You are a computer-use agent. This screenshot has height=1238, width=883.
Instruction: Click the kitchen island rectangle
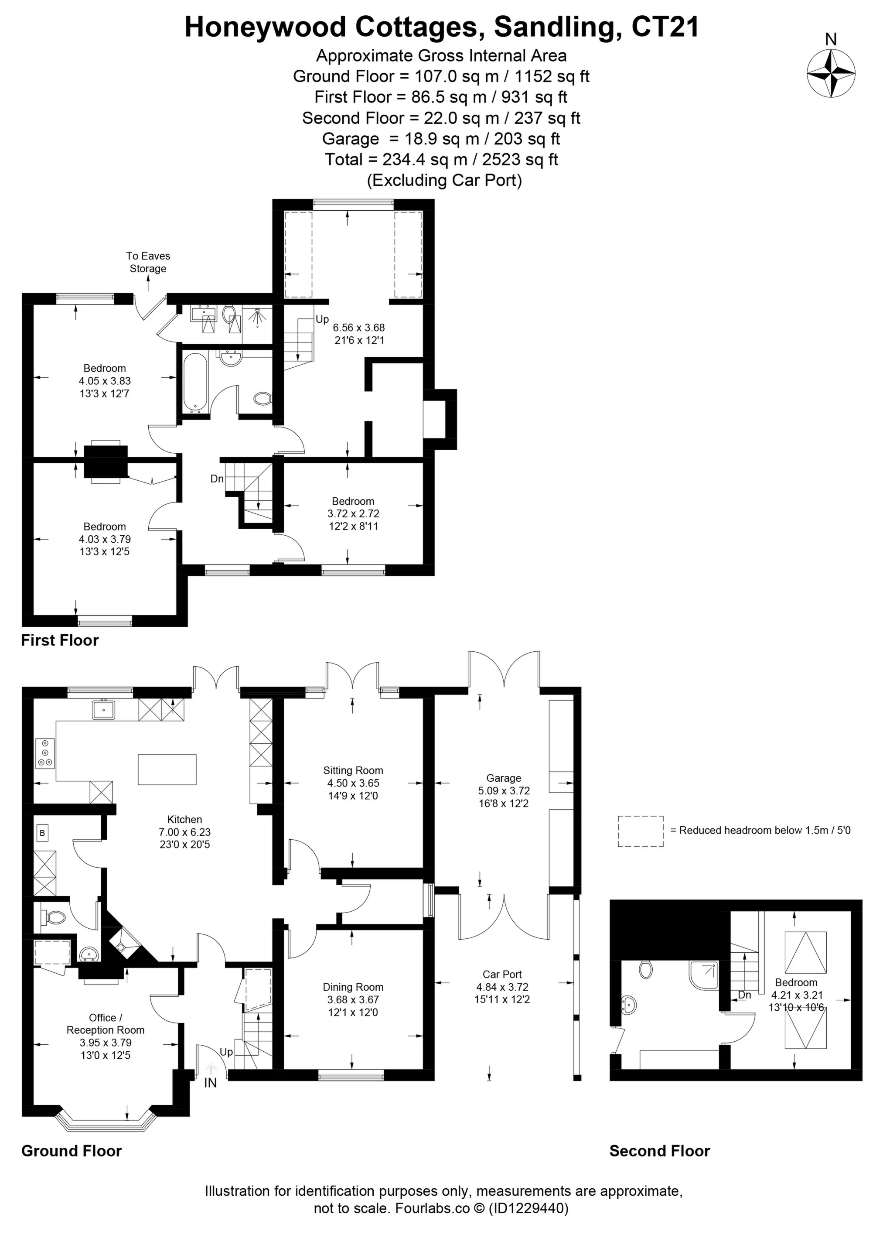(x=167, y=769)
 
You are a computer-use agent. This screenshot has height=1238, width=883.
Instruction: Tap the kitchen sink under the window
(x=103, y=710)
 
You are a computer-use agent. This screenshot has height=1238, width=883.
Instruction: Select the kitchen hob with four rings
(x=45, y=753)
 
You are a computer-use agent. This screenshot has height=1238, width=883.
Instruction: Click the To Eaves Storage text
(x=148, y=262)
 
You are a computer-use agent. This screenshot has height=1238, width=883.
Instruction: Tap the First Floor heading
(x=60, y=640)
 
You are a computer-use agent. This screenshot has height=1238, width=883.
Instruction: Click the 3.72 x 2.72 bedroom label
(x=353, y=513)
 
